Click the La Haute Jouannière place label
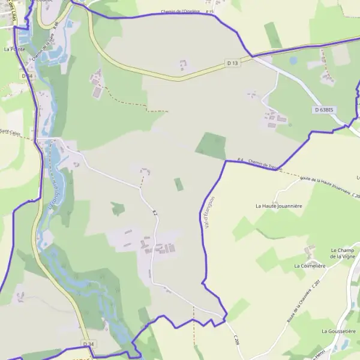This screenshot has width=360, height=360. [x=279, y=206]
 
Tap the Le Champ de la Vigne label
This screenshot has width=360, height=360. [x=343, y=253]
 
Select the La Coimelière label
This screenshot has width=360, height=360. [x=310, y=265]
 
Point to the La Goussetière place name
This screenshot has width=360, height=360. [x=339, y=331]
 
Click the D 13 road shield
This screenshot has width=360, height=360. [x=232, y=62]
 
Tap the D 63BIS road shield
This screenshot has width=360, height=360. [x=323, y=110]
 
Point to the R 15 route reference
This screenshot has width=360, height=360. [x=209, y=11]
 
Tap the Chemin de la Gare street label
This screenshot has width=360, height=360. [x=44, y=46]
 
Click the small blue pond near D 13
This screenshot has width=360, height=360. [x=293, y=61]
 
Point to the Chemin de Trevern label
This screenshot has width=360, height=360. [x=264, y=164]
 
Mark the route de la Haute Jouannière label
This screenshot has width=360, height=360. [x=325, y=185]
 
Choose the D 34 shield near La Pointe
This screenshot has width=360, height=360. [x=26, y=76]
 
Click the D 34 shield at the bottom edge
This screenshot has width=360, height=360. [x=88, y=344]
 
